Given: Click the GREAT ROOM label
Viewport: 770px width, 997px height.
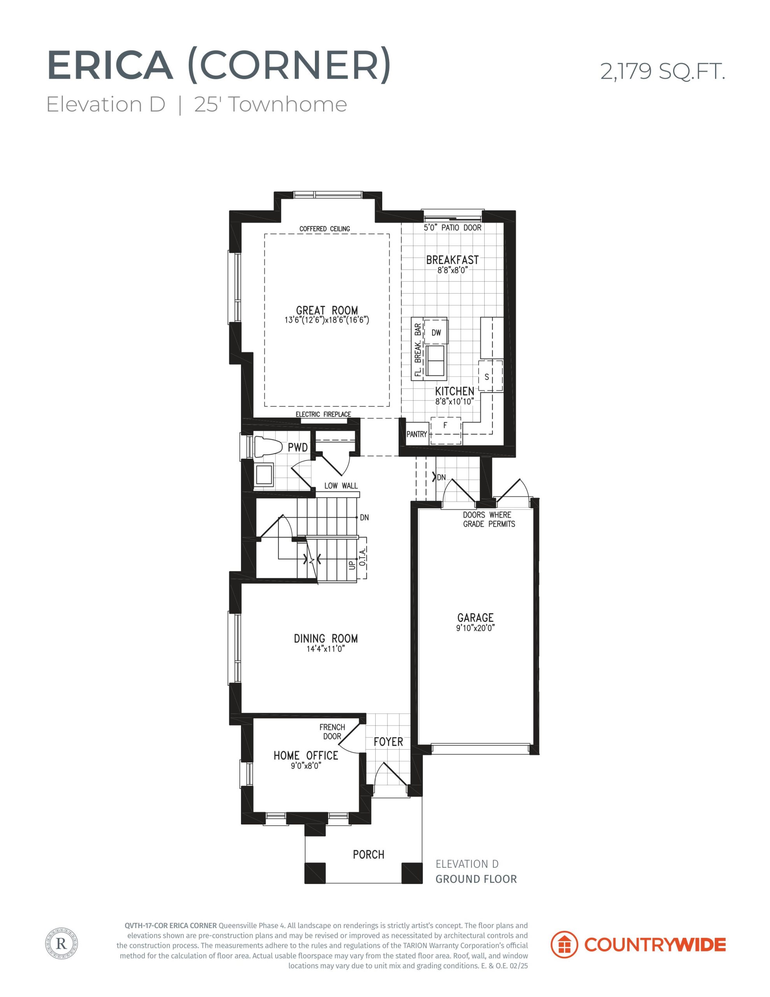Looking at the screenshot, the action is [x=327, y=310].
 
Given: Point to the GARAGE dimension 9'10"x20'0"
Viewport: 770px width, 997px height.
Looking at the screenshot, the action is [x=476, y=628].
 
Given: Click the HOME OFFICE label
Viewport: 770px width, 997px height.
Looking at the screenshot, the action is [x=306, y=756].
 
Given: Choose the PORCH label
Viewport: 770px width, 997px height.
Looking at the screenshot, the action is [x=368, y=854].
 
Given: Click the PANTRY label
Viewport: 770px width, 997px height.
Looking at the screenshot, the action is [x=417, y=434].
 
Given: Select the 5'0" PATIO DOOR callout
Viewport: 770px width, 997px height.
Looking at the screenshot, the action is [x=452, y=227].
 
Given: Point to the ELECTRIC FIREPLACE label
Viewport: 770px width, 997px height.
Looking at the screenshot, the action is [x=323, y=414].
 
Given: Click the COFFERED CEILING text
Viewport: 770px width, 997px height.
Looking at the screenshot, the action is [x=325, y=229].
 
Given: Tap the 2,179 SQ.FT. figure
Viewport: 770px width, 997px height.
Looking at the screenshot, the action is [x=662, y=72].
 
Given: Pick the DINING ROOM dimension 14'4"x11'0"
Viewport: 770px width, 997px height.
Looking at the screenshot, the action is [x=325, y=649].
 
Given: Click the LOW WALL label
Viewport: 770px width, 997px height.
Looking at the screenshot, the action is [x=341, y=486].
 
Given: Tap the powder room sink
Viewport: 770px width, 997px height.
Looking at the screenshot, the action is [x=264, y=475].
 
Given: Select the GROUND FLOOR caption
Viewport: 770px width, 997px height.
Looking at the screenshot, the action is [x=476, y=879].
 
